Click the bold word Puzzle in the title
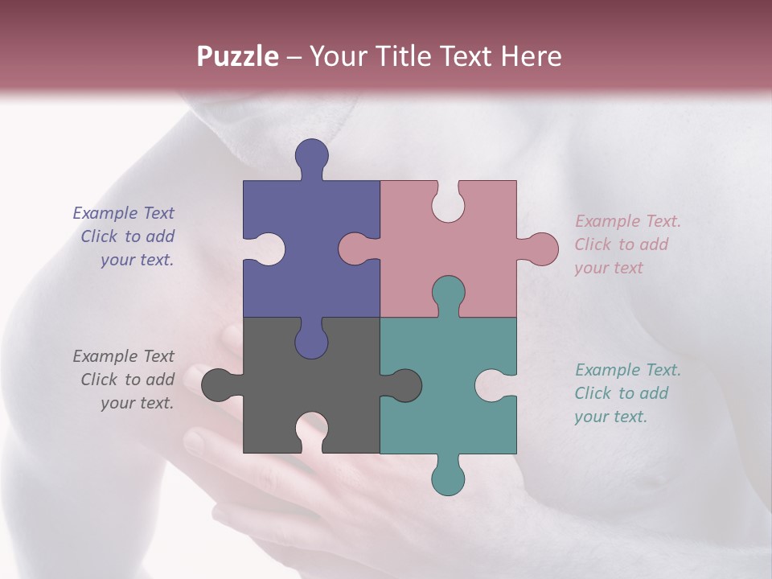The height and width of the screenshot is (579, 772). (238, 56)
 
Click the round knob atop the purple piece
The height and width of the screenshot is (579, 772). (312, 155)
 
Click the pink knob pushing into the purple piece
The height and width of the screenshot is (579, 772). (354, 248)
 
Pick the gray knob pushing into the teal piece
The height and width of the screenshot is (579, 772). (406, 385)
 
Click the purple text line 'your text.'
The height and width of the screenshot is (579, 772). (137, 260)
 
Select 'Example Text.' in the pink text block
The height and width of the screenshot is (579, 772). (628, 221)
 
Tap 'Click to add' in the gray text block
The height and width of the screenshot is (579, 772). (127, 380)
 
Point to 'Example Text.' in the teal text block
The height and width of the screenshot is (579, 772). (628, 370)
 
